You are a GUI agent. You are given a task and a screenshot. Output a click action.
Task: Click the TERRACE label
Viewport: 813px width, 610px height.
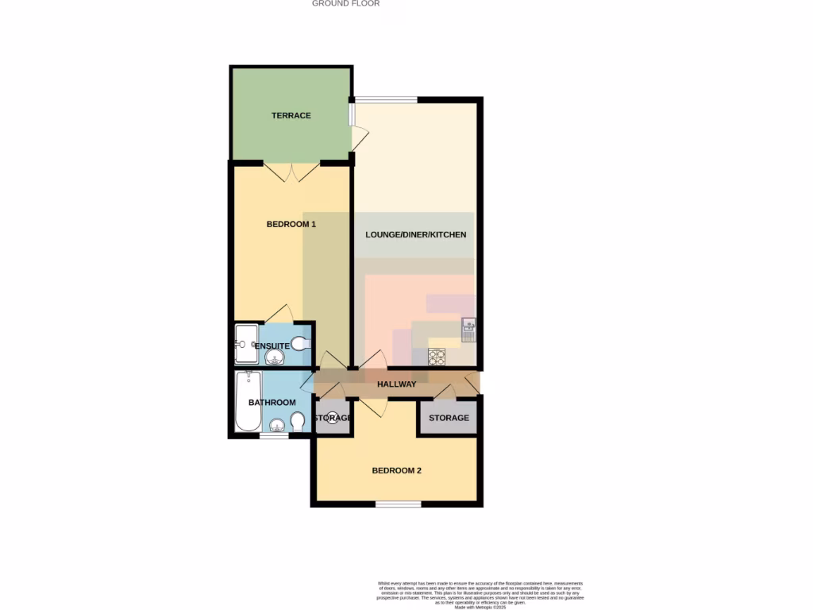291,116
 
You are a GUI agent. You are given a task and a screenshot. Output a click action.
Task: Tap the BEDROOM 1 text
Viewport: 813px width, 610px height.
291,225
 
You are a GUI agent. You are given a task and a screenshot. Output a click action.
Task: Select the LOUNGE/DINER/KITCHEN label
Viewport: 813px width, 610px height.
415,235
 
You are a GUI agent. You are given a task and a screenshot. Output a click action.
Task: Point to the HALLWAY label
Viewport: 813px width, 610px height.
396,384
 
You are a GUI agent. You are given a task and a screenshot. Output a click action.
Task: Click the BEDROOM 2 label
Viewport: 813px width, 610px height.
396,471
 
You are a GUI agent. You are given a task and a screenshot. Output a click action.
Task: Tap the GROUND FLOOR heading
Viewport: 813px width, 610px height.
345,4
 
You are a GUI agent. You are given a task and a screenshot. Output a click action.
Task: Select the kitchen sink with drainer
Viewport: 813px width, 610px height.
468,328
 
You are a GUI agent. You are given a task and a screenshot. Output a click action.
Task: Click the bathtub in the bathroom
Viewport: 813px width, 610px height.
248,401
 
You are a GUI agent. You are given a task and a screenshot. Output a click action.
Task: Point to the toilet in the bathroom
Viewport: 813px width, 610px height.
298,420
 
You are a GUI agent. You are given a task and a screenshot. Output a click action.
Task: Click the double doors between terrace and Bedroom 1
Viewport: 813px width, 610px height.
291,172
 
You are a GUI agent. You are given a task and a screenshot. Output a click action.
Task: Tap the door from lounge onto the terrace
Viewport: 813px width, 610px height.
359,141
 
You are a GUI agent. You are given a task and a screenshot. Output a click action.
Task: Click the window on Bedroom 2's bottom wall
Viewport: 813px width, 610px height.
398,504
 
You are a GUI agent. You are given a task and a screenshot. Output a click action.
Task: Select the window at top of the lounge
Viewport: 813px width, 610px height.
386,100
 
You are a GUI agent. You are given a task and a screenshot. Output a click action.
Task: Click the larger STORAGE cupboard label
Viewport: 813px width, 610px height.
449,418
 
